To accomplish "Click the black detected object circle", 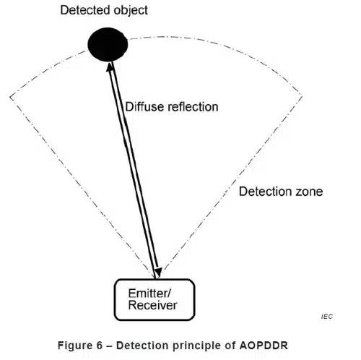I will (108, 46).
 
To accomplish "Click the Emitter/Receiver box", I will (153, 299).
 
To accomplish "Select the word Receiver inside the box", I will (152, 306).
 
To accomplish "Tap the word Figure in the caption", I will (74, 344).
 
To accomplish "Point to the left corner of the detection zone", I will (10, 95).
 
